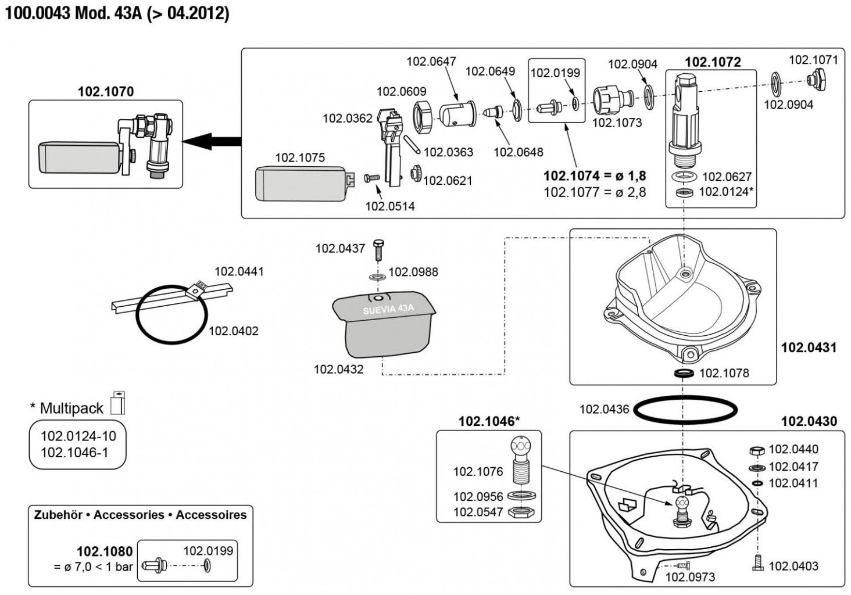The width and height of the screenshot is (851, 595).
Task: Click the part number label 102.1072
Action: [x=713, y=62]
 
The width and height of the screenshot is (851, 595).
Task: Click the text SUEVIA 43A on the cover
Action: [x=388, y=310]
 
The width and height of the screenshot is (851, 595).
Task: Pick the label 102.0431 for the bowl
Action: [x=809, y=347]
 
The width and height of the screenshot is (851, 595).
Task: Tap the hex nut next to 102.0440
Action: [x=757, y=450]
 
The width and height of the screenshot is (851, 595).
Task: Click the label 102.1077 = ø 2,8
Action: [x=595, y=192]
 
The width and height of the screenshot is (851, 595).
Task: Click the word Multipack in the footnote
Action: [x=71, y=408]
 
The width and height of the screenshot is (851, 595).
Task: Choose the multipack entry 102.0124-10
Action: [x=78, y=436]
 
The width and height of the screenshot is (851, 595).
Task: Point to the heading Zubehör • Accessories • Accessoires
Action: [x=140, y=515]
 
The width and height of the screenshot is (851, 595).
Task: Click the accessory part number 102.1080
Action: [x=105, y=551]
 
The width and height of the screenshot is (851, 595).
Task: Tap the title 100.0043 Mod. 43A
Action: [x=117, y=13]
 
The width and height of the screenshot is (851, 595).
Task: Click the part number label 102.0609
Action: [x=401, y=91]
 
